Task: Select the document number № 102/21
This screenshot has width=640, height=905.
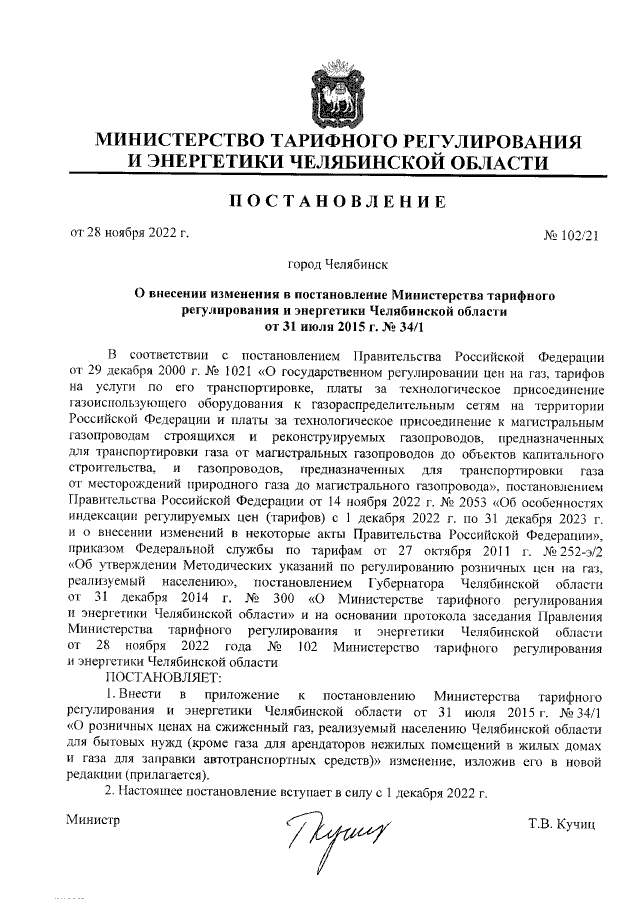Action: (x=569, y=237)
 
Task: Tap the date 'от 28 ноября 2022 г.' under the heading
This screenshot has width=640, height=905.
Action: (x=129, y=235)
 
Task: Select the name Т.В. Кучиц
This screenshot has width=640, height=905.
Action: (x=563, y=824)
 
